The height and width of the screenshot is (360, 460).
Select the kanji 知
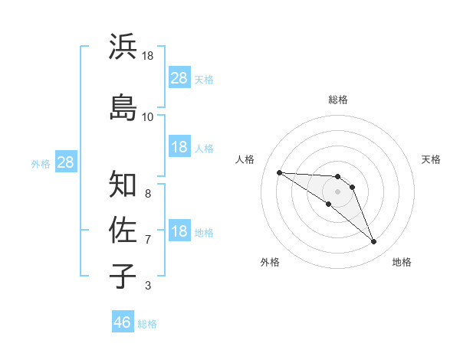(123, 183)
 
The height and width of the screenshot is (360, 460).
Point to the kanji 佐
(123, 229)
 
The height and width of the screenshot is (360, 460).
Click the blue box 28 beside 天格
(179, 78)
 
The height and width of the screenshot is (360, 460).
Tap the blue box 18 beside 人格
(179, 147)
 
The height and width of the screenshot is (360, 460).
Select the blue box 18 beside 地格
(179, 232)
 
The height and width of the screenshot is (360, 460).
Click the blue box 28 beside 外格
(65, 162)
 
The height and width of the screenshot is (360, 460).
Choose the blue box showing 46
(123, 322)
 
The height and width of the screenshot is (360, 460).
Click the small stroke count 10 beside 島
(148, 116)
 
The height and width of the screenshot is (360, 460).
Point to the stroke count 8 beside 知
(148, 193)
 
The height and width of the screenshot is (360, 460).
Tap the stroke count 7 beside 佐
(148, 240)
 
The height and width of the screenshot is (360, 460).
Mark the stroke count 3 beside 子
(148, 286)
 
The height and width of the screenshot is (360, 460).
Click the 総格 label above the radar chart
(338, 100)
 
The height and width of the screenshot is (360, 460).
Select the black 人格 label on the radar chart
(245, 159)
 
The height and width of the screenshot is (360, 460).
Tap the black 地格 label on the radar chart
(402, 262)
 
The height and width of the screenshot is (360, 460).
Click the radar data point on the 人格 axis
(279, 172)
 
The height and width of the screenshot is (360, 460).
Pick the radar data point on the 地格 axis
(374, 242)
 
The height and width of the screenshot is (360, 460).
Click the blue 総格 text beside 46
(147, 324)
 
